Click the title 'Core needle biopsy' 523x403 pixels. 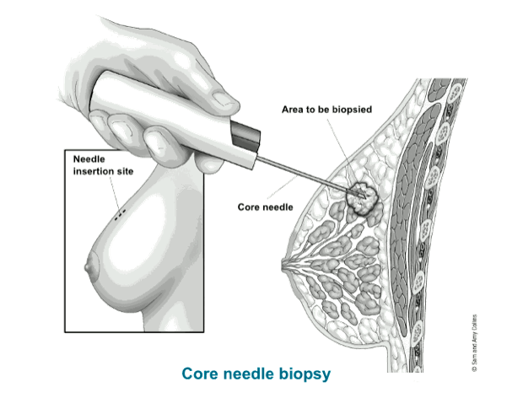pos(256,374)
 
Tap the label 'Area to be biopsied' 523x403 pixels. pos(327,110)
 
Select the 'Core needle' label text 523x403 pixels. pos(266,207)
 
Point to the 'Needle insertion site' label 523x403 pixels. pos(104,165)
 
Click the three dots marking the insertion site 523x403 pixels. pos(120,215)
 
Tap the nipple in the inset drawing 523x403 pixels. pos(88,266)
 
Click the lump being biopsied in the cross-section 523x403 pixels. pos(362,198)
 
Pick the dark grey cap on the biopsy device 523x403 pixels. pos(245,136)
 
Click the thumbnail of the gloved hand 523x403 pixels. pos(224,99)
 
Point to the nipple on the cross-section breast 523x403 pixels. pos(285,266)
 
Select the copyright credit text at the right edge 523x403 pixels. pos(475,343)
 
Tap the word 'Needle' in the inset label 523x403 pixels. pos(89,159)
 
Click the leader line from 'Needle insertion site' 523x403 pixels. pos(115,193)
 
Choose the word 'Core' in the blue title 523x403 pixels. pos(200,373)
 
